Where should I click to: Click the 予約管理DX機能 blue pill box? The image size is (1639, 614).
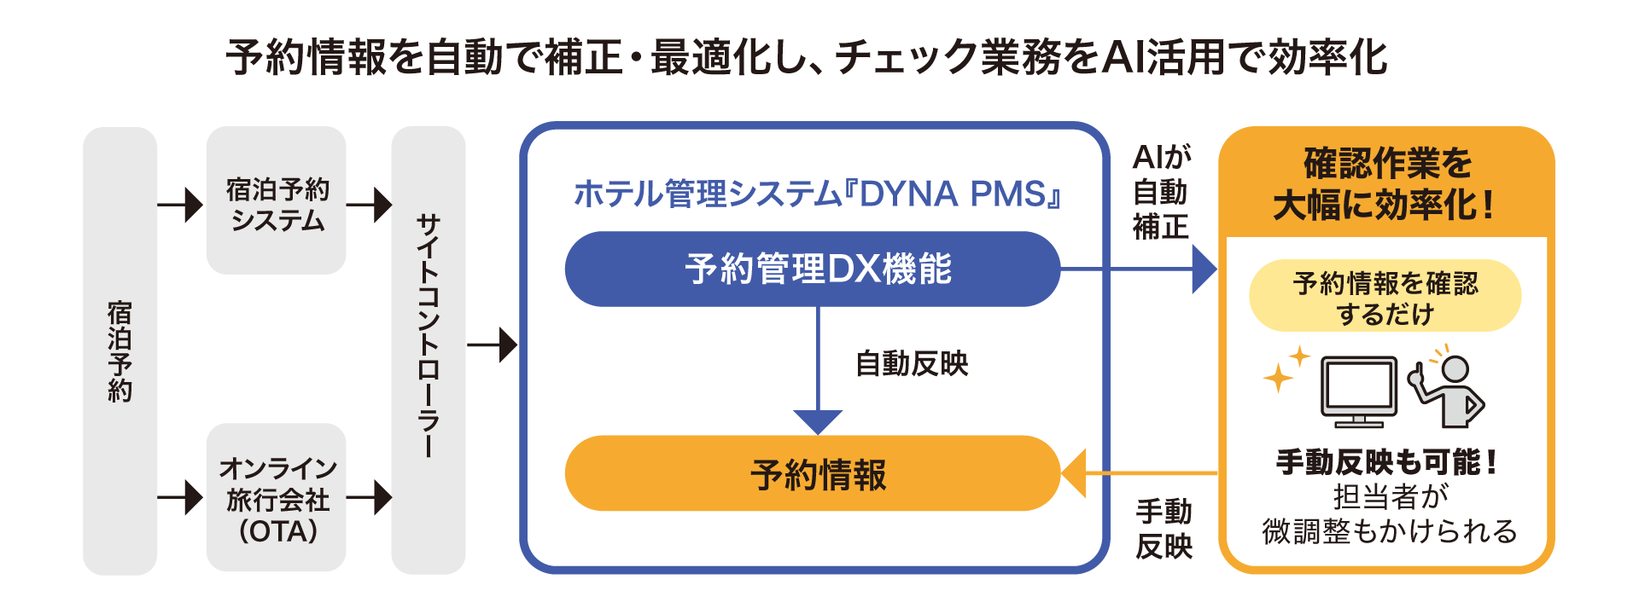coord(812,269)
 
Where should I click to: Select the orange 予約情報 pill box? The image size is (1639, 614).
coord(812,473)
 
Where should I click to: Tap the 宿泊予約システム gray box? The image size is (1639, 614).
coord(276,201)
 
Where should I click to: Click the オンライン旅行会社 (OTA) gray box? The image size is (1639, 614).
coord(276,498)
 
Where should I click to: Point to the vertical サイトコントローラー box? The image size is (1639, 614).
coord(428,350)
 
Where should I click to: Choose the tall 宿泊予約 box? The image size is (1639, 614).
coord(120,350)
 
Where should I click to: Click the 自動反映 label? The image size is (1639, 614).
coord(912,364)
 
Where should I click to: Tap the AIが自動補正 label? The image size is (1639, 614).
coord(1161,192)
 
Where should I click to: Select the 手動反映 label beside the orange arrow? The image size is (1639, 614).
coord(1164,529)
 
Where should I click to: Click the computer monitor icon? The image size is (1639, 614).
coord(1359,390)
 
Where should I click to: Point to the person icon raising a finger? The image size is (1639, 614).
coord(1449,391)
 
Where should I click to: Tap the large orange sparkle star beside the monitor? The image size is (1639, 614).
coord(1278,377)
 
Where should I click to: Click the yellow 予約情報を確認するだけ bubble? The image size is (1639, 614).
coord(1385,296)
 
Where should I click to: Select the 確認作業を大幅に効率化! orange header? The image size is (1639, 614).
coord(1385,183)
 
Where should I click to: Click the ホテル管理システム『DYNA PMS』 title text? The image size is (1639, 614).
coord(818,194)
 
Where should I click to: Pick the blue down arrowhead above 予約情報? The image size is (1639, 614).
coord(818,421)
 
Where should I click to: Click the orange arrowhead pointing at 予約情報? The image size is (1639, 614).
coord(1073,473)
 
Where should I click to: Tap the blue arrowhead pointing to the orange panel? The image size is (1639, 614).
coord(1204,269)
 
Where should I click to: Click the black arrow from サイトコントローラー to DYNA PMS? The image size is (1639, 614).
coord(493,345)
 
